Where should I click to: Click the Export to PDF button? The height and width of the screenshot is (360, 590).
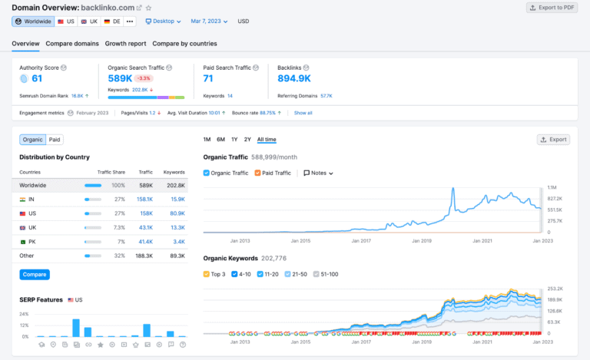click(x=552, y=8)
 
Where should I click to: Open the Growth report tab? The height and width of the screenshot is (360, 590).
click(x=125, y=44)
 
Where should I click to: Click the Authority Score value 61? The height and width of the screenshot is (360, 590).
click(x=37, y=78)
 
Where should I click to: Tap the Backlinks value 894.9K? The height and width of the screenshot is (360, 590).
click(x=294, y=78)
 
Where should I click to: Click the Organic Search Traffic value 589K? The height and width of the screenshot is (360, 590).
click(x=119, y=78)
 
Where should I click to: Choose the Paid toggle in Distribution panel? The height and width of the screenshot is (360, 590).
click(x=55, y=140)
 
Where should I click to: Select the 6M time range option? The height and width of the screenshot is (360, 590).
click(x=220, y=140)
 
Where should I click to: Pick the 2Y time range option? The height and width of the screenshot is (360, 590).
click(x=247, y=140)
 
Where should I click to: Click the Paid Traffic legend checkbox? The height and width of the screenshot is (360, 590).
click(x=258, y=173)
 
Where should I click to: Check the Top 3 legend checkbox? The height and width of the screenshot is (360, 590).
click(x=207, y=274)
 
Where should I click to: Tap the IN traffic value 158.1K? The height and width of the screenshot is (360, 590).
click(x=144, y=199)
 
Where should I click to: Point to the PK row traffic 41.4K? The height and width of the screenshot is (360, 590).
click(x=145, y=242)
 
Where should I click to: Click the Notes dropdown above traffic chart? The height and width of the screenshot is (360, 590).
click(x=319, y=173)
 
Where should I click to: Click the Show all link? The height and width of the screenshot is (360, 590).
click(x=303, y=113)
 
